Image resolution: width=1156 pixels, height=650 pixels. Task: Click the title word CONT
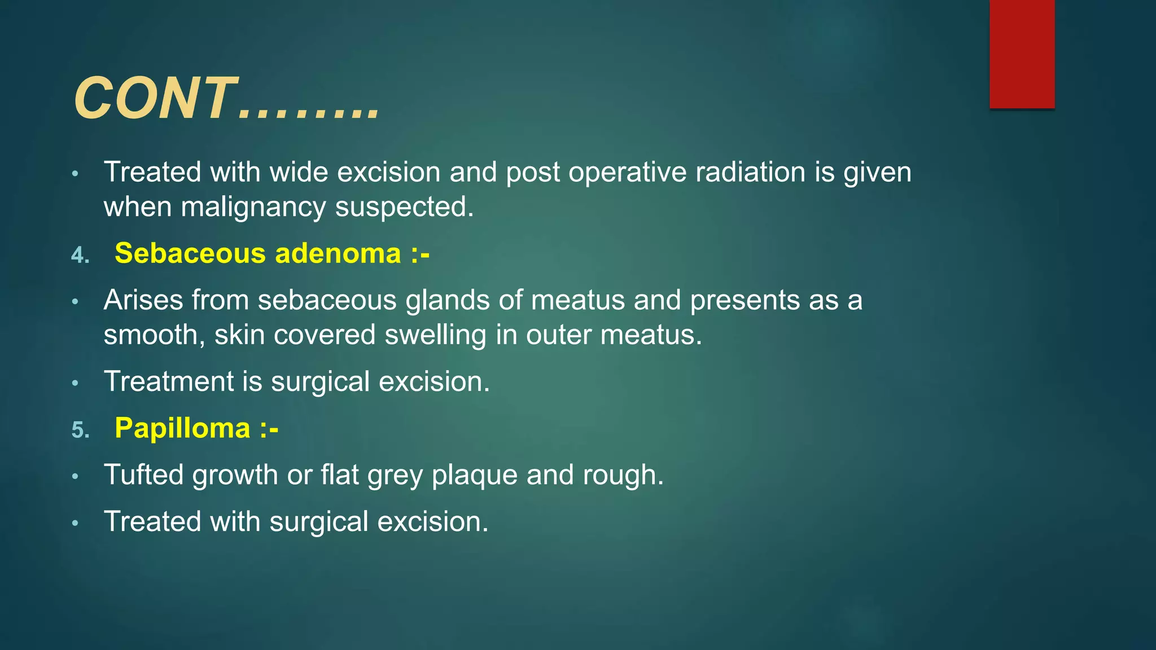[x=155, y=99]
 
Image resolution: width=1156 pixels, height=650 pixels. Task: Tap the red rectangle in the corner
[x=1022, y=54]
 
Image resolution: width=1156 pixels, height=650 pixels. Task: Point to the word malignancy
[x=253, y=207]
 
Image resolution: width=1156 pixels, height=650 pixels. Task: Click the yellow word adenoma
[x=338, y=253]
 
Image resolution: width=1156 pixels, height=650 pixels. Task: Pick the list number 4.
[x=80, y=256]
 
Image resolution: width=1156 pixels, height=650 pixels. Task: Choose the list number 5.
[x=80, y=430]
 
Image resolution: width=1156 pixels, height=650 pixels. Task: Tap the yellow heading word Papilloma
[x=182, y=428]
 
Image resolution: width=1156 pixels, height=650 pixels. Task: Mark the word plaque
[x=474, y=475]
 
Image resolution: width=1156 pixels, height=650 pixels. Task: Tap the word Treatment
[x=169, y=381]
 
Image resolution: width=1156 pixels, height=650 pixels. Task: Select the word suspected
[x=404, y=208]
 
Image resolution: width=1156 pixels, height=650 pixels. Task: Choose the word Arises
[x=143, y=300]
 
